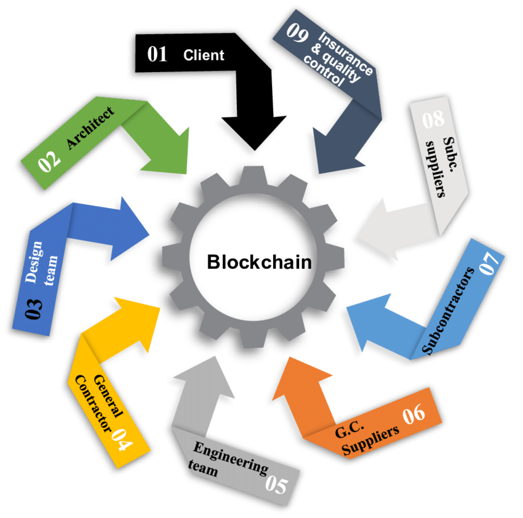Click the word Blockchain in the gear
(259, 263)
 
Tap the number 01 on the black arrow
(158, 54)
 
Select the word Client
(204, 55)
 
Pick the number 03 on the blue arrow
(34, 308)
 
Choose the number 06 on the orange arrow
(413, 414)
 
